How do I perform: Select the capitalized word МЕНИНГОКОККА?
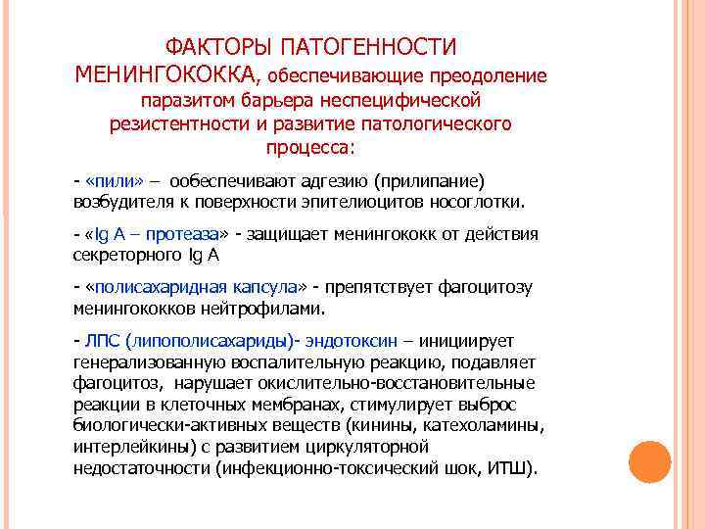click(166, 74)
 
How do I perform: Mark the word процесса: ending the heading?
click(311, 150)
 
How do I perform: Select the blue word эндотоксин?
click(352, 340)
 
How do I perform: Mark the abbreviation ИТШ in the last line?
click(508, 466)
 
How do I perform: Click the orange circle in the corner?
click(649, 461)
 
